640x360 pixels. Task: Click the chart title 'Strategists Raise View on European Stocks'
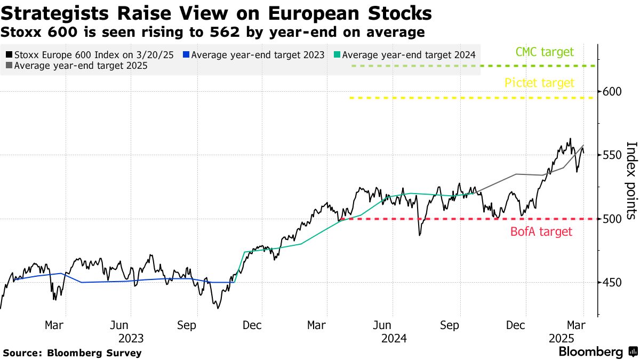tap(217, 13)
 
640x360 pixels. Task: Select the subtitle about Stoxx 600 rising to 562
tap(213, 33)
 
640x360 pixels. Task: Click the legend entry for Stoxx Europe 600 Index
tap(90, 54)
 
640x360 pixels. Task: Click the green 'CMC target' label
tap(545, 52)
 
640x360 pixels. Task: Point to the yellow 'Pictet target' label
tap(539, 83)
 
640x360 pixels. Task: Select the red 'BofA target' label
tap(541, 231)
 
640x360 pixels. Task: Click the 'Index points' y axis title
tap(630, 180)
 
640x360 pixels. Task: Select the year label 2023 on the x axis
tap(131, 338)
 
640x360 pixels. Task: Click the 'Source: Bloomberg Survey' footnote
tap(73, 353)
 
